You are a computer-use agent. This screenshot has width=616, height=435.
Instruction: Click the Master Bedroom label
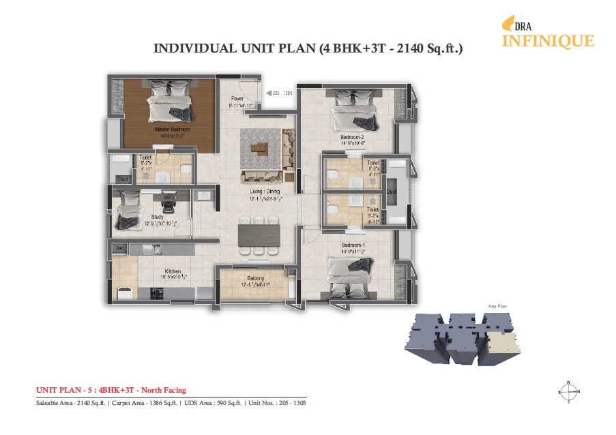click(172, 129)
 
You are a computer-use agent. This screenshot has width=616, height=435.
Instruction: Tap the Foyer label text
click(237, 100)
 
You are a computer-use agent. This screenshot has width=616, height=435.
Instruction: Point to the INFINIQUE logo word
click(548, 41)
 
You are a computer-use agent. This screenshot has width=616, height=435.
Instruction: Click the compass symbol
click(568, 391)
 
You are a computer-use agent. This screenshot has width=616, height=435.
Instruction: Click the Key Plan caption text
click(495, 307)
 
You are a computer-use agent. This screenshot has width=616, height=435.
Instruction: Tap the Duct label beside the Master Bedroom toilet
click(122, 179)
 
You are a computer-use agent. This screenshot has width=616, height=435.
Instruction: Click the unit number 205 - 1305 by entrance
click(282, 93)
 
